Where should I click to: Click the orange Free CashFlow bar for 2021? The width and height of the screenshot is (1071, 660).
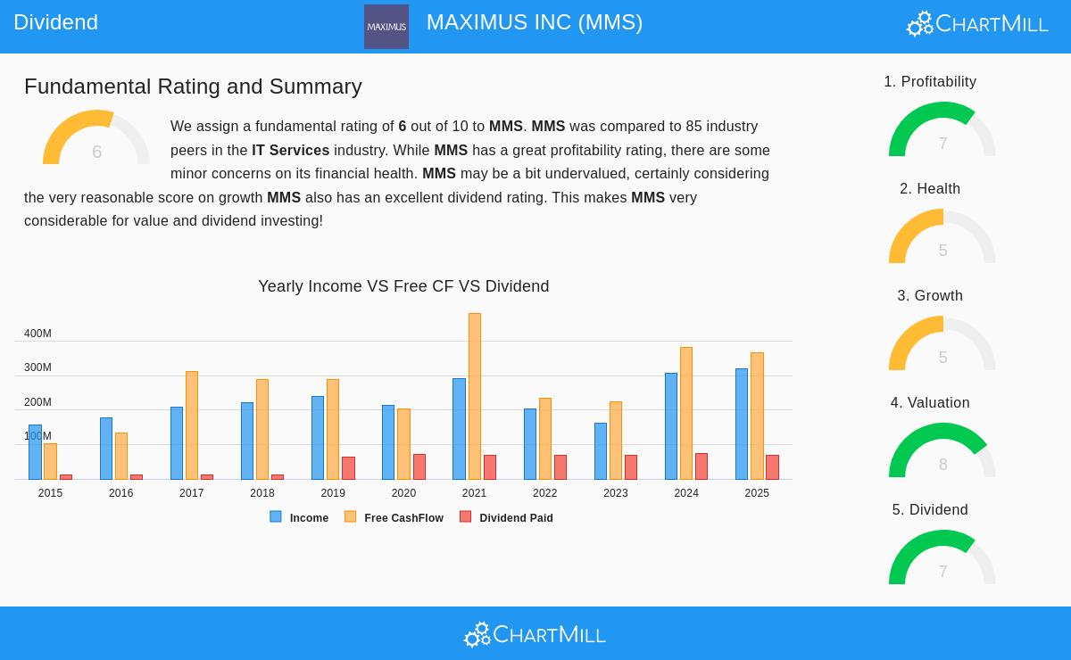tap(475, 396)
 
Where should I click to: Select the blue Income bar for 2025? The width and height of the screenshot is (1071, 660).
tap(742, 424)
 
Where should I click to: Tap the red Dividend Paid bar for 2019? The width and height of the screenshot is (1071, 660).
tap(348, 468)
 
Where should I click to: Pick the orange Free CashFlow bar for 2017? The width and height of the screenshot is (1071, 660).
tap(192, 425)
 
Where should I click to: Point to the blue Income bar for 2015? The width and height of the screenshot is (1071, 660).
tap(35, 452)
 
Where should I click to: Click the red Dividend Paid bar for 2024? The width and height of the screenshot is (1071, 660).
tap(702, 466)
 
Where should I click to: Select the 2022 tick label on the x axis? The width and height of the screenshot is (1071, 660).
tap(544, 493)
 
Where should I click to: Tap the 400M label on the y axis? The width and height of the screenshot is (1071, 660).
tap(37, 334)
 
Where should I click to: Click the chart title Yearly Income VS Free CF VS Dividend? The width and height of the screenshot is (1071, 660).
tap(403, 286)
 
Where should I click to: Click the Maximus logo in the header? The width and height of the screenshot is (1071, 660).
tap(386, 27)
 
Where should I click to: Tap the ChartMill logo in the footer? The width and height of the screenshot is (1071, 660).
tap(535, 634)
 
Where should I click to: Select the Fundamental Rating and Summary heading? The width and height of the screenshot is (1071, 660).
tap(193, 87)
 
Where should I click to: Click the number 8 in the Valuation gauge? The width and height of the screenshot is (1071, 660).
tap(942, 465)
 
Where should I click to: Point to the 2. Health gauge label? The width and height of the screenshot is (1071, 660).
tap(930, 189)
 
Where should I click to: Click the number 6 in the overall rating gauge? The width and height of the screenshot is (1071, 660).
tap(96, 153)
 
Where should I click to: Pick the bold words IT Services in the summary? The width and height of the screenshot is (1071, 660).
tap(290, 151)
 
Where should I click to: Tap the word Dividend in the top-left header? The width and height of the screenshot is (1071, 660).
tap(55, 22)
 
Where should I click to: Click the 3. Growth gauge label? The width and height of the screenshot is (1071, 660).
tap(930, 296)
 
